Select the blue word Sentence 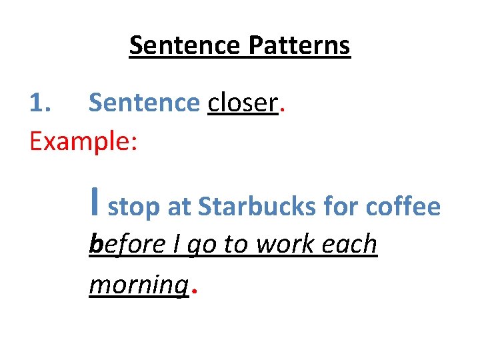pyautogui.click(x=144, y=103)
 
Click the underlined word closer pyautogui.click(x=243, y=103)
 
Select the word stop pyautogui.click(x=134, y=208)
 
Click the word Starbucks pyautogui.click(x=257, y=207)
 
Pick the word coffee pyautogui.click(x=403, y=207)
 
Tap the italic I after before pyautogui.click(x=177, y=245)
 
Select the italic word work pyautogui.click(x=287, y=245)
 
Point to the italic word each pyautogui.click(x=351, y=245)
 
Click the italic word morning pyautogui.click(x=139, y=285)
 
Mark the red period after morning pyautogui.click(x=194, y=291)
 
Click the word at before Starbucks pyautogui.click(x=179, y=208)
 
